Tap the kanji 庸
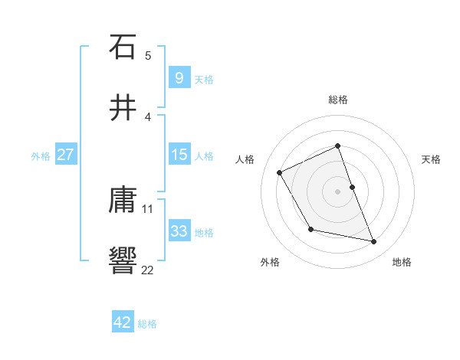coord(123,200)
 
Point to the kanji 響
coord(123,260)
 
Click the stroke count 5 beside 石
coord(148,55)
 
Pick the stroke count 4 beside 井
coord(148,116)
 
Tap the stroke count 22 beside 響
coord(148,269)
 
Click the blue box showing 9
coord(179,78)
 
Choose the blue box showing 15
coord(179,155)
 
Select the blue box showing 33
coord(179,231)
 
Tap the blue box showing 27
coord(65,155)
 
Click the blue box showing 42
coord(123,322)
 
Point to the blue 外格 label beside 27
coord(41,155)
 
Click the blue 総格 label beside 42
coord(147,323)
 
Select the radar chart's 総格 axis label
coord(338,100)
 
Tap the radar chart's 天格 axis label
coord(432,159)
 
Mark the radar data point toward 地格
coord(374,242)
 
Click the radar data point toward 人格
coord(280,172)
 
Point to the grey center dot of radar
coord(338,191)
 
